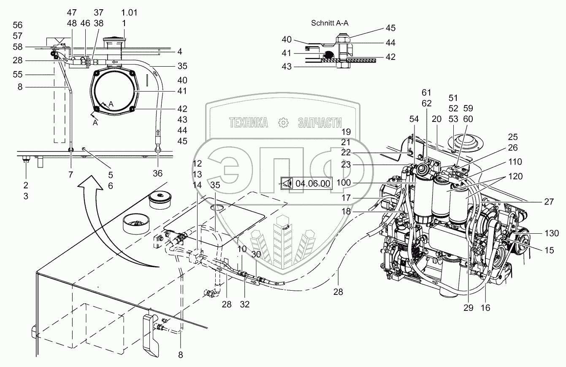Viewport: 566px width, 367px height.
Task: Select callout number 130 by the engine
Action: point(551,233)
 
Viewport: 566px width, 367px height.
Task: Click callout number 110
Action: point(515,162)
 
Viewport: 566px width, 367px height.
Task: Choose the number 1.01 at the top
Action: point(129,13)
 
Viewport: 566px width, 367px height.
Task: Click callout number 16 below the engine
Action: point(485,308)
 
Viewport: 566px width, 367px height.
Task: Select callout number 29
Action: point(468,308)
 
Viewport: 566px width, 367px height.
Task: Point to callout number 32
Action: point(245,304)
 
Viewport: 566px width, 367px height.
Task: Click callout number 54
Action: point(414,119)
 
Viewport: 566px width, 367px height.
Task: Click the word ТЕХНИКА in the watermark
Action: point(249,123)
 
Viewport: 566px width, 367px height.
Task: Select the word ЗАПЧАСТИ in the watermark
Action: point(320,123)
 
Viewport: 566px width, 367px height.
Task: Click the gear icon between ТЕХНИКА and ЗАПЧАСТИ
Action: point(283,123)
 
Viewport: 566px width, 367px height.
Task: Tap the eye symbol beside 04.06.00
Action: point(287,183)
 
